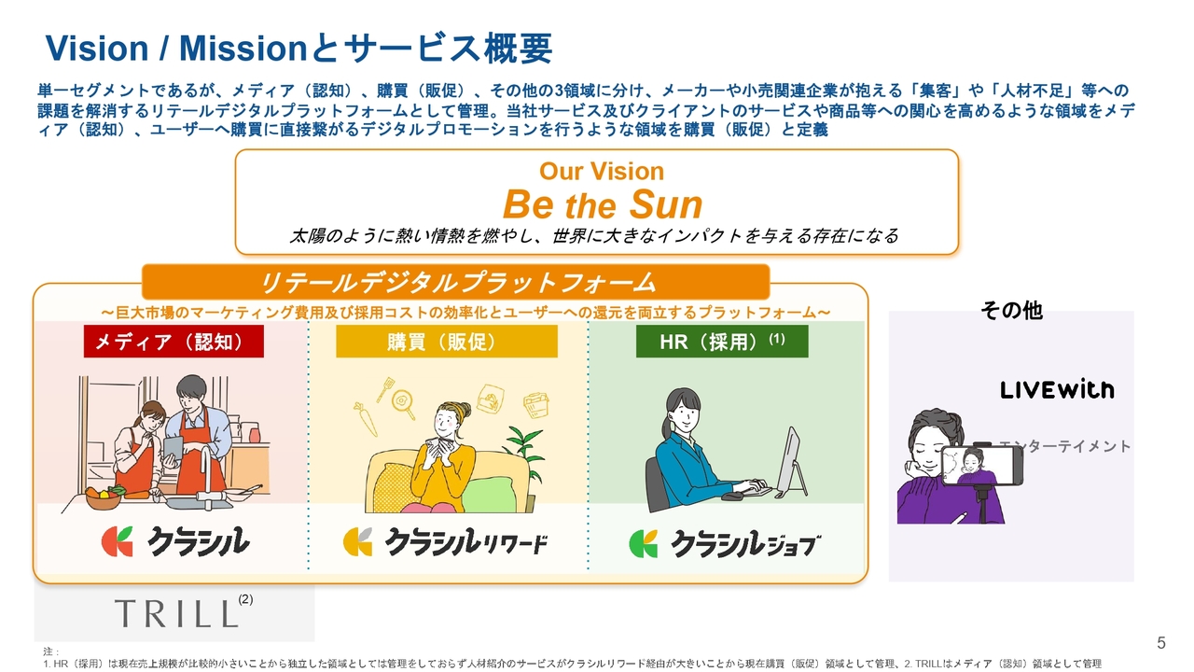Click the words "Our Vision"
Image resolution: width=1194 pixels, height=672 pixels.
601,172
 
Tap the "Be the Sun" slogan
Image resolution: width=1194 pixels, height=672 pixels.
602,204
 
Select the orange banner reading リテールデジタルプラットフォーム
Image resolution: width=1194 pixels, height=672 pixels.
456,282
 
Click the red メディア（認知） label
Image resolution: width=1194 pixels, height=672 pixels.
174,342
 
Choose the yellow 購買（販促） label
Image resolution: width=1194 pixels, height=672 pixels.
446,342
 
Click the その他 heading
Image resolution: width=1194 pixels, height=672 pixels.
1011,310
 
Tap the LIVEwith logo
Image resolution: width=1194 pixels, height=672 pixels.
1057,390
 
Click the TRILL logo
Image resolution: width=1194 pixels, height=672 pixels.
176,613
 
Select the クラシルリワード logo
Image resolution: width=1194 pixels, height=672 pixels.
446,542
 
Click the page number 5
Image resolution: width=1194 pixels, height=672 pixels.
1161,642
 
